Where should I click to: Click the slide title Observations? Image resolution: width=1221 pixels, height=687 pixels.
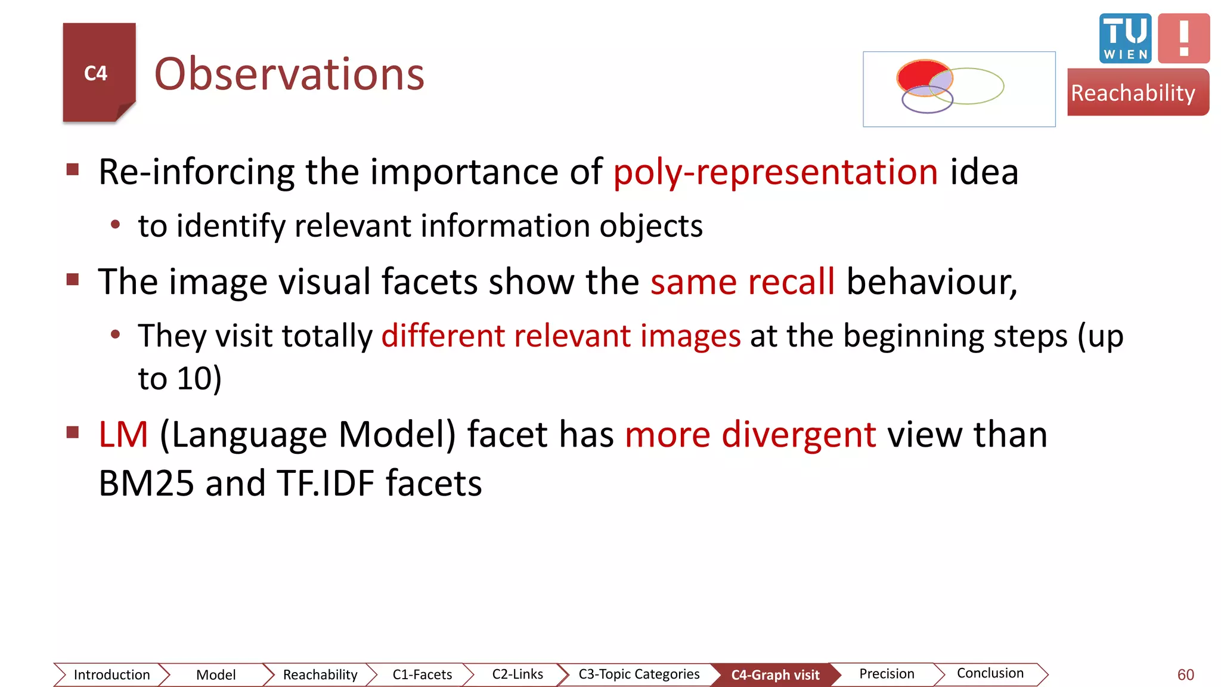(x=289, y=74)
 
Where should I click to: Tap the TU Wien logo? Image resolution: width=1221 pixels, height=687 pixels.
(x=1125, y=38)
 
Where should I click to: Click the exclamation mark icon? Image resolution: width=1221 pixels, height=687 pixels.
(x=1183, y=38)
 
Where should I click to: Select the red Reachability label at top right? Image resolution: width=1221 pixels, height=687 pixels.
(x=1136, y=92)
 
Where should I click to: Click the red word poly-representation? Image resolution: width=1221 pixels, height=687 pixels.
(x=776, y=172)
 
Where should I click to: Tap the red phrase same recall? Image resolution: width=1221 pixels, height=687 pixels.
(x=742, y=281)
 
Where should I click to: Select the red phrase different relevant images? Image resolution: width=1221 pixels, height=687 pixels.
(x=560, y=336)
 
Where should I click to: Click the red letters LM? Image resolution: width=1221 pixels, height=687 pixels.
(x=123, y=434)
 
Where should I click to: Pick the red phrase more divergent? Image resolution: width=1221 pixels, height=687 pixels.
(x=750, y=434)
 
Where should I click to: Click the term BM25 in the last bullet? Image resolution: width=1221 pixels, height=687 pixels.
(x=146, y=483)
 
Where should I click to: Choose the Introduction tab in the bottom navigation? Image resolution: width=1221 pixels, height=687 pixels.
(x=111, y=674)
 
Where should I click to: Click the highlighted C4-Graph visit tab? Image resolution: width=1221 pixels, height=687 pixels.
(x=775, y=675)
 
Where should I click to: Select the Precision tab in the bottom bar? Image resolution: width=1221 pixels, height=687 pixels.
(x=886, y=674)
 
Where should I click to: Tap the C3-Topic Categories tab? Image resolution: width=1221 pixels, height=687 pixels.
(x=639, y=674)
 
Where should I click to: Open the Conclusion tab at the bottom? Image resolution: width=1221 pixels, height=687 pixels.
(x=990, y=673)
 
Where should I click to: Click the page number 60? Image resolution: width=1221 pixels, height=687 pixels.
(x=1185, y=674)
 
